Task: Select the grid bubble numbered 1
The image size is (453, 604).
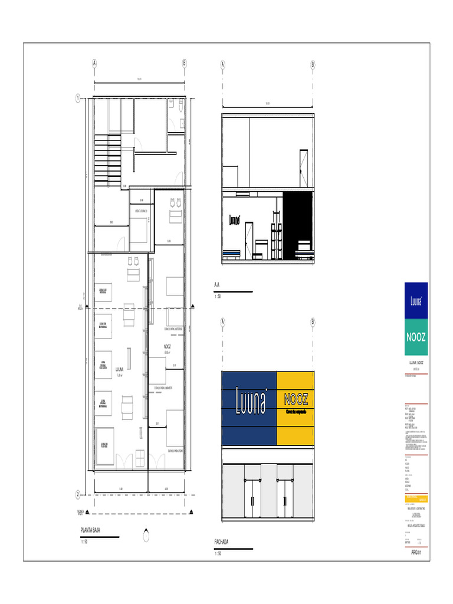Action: coord(77,99)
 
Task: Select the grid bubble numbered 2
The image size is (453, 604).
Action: coord(77,494)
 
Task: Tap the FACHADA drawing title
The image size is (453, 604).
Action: coord(221,542)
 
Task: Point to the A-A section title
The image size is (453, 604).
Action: coord(217,285)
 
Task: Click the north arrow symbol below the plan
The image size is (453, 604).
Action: coord(146,536)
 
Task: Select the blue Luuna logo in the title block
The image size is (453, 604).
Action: coord(416,301)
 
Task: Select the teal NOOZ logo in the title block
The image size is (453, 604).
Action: coord(416,337)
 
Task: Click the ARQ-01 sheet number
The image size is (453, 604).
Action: coord(415,553)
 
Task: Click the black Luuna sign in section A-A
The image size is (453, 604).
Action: coord(235,220)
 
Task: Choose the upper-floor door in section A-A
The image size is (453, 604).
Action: coord(303,167)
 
